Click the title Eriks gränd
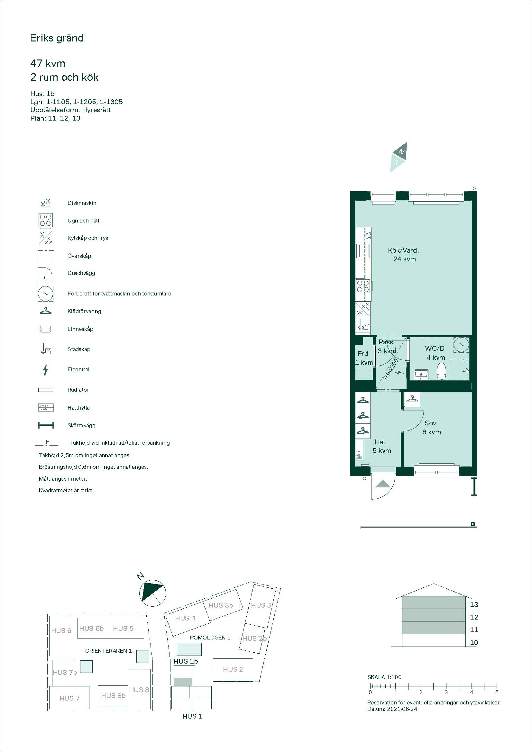click(57, 39)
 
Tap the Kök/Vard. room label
click(403, 250)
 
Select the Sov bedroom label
click(430, 423)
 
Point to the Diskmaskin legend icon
click(46, 203)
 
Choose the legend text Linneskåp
click(80, 329)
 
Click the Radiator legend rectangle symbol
click(46, 390)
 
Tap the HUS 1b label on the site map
click(186, 661)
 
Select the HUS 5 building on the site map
click(124, 627)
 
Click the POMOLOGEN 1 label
click(210, 638)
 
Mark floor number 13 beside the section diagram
click(474, 605)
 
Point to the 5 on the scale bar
click(497, 692)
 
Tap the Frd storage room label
click(363, 354)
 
